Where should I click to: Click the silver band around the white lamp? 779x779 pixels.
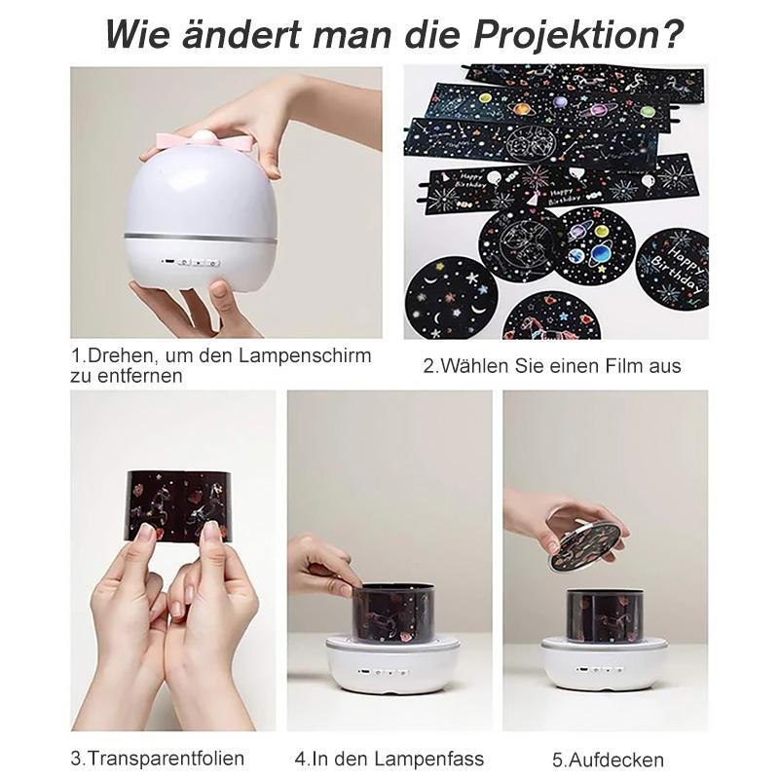click(x=200, y=238)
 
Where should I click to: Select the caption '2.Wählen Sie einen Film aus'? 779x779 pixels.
click(x=552, y=366)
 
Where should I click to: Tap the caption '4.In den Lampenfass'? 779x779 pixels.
click(x=389, y=758)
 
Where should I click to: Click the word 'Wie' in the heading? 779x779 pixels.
click(x=134, y=34)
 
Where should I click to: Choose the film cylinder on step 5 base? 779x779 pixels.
click(x=604, y=613)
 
